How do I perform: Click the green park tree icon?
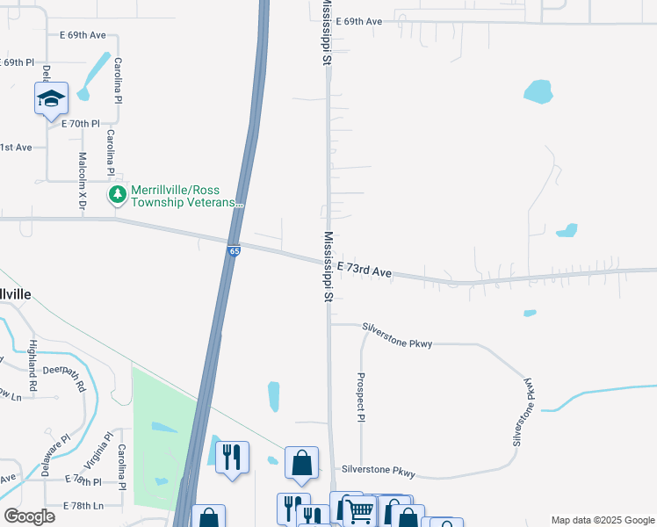click(x=117, y=194)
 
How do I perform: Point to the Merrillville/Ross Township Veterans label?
click(x=186, y=196)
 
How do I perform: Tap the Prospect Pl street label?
click(x=360, y=396)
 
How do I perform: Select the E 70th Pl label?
click(x=81, y=124)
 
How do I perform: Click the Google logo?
click(x=29, y=516)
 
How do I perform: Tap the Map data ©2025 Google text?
click(x=602, y=520)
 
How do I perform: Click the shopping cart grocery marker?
click(x=359, y=510)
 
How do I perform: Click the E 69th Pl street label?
click(x=18, y=63)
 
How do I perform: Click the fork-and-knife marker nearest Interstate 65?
click(x=232, y=457)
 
